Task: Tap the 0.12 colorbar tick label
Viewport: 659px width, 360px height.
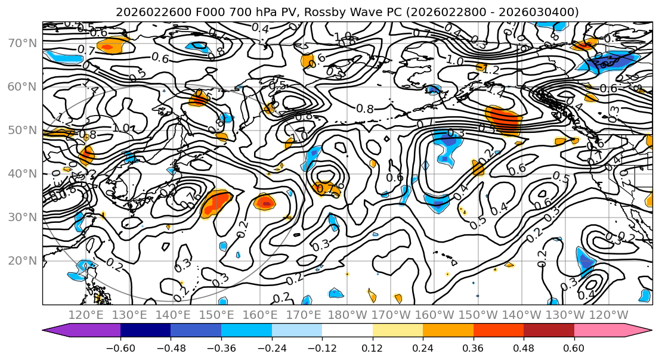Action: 372,348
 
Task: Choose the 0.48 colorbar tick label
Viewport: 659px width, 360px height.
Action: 524,348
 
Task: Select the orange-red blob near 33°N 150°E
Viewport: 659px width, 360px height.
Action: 216,203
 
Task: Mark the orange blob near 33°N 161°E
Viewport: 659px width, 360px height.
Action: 264,202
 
